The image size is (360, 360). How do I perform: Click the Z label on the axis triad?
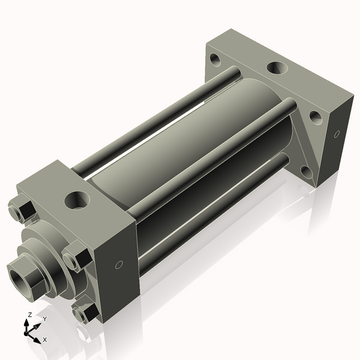coord(30,315)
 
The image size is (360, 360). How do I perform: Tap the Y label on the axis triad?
coord(44,319)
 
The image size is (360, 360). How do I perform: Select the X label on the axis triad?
coord(44,340)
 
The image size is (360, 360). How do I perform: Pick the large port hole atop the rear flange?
coord(277,67)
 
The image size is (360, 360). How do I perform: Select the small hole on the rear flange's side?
coord(337,133)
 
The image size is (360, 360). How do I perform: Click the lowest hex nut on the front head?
coord(84,312)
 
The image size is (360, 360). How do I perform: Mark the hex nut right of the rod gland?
coord(76,257)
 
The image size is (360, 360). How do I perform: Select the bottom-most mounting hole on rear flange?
coord(307,172)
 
